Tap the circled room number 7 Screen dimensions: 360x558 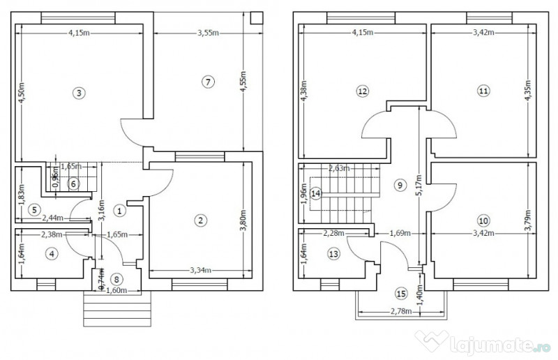(206, 82)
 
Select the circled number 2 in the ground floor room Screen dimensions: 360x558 (201, 220)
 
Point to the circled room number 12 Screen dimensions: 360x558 (361, 90)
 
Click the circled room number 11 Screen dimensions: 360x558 (483, 90)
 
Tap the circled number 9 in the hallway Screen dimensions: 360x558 (399, 185)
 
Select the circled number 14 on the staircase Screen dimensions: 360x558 (316, 193)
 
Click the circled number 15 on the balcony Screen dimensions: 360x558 (400, 293)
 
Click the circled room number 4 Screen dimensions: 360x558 (51, 254)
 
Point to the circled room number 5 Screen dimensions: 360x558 (33, 209)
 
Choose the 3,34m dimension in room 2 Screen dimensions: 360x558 (202, 270)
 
